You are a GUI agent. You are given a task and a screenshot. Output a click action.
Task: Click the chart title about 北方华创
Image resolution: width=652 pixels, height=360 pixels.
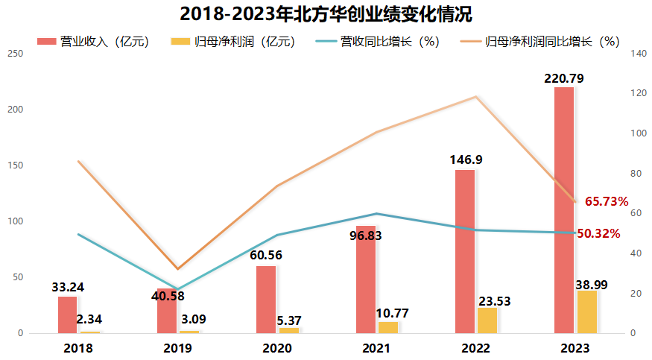326,14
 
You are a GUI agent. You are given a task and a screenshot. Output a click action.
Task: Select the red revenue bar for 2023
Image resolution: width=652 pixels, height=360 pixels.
564,209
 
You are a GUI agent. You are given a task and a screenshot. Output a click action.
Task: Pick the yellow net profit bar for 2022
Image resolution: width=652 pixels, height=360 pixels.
487,320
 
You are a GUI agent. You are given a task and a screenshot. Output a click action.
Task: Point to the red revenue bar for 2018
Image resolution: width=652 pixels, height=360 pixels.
68,315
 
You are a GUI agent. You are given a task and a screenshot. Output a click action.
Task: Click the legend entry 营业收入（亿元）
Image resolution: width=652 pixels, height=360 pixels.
93,42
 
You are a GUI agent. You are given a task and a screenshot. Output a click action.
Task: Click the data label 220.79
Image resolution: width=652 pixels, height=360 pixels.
563,78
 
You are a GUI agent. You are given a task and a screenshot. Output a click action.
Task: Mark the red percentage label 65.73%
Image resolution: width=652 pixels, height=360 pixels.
607,201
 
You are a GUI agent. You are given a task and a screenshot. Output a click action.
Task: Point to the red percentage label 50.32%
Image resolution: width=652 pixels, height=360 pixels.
598,233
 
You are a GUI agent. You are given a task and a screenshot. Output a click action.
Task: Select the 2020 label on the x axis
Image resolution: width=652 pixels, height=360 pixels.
277,348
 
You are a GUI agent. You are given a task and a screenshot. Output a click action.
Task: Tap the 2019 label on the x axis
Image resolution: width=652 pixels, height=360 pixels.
177,348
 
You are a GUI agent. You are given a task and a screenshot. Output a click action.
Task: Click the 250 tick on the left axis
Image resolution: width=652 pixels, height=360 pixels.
15,54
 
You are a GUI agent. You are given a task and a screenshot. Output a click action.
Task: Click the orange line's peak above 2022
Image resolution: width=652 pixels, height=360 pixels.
475,97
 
